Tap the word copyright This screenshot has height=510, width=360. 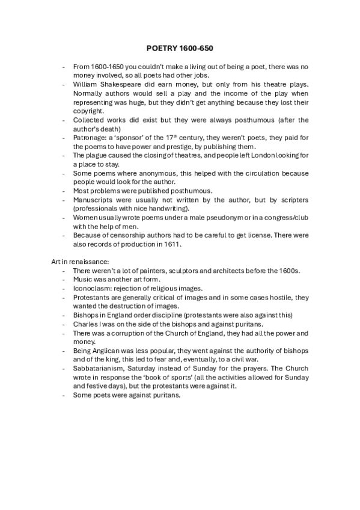tap(90, 111)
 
